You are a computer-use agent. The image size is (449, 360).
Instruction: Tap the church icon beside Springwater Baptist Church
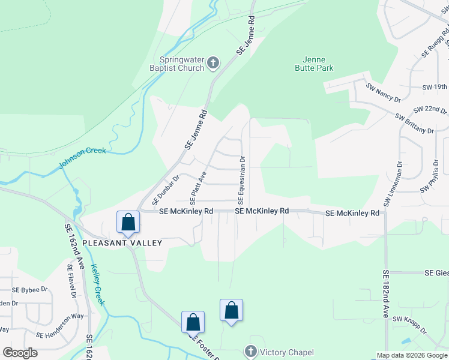213,62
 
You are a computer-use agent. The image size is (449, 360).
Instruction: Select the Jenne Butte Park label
314,64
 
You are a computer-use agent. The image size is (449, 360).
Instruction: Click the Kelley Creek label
98,285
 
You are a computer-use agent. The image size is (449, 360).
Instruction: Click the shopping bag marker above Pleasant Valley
128,221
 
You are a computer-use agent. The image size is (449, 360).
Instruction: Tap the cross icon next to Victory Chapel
250,352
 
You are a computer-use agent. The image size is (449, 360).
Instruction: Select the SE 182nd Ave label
385,293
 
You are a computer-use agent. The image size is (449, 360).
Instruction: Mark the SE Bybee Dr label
29,289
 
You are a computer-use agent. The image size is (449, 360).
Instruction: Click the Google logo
20,353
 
